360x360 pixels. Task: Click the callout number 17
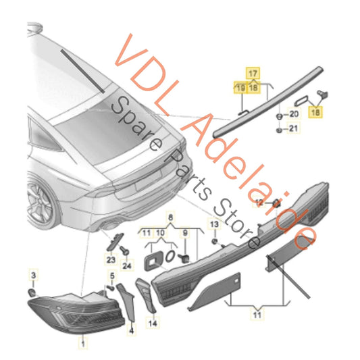(x=253, y=74)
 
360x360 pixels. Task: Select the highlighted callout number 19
(x=240, y=88)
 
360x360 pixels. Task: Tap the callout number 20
(x=294, y=114)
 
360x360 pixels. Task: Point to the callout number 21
(x=293, y=128)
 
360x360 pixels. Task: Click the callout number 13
(x=214, y=224)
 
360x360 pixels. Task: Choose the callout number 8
(x=170, y=217)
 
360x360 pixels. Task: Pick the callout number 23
(x=111, y=259)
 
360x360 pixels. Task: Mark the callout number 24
(x=127, y=265)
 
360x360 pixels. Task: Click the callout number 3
(x=34, y=275)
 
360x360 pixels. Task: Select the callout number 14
(x=153, y=324)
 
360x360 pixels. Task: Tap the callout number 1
(x=83, y=344)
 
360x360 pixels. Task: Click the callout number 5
(x=112, y=276)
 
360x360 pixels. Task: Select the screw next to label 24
(x=124, y=251)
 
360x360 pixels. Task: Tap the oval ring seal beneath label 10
(x=170, y=256)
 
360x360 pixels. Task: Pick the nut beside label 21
(x=279, y=130)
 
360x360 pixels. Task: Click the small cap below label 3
(x=32, y=292)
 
